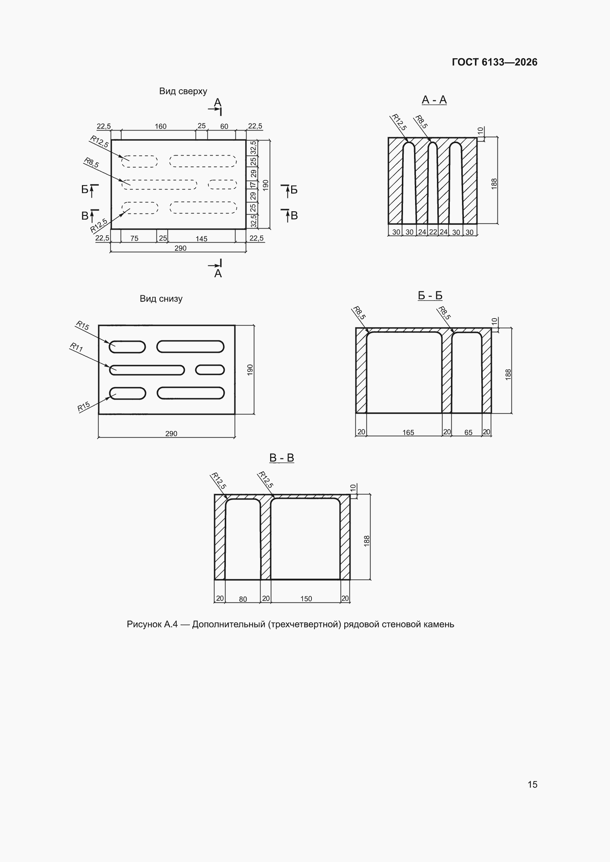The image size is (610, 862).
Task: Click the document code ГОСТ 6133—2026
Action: coord(494,62)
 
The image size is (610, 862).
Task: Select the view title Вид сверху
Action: coord(183,91)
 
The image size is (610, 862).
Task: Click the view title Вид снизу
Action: coord(161,299)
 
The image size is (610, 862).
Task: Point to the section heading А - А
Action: coord(434,100)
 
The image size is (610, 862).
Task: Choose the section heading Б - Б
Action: coord(430,295)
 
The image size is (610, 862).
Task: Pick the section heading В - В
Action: coord(282,458)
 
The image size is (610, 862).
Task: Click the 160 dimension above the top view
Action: coord(161,126)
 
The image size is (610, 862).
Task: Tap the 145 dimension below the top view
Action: coord(201,239)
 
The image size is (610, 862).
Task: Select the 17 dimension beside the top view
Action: coord(253,185)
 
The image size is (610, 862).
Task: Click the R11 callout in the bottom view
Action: coord(77,347)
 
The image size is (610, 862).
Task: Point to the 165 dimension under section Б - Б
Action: coord(408,432)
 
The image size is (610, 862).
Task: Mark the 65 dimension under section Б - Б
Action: coord(468,432)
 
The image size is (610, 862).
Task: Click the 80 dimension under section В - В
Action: coord(243,599)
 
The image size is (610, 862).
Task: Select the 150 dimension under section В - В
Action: coord(306,599)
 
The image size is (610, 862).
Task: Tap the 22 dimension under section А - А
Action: coord(433,232)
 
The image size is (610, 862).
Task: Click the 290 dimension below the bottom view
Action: coord(171,434)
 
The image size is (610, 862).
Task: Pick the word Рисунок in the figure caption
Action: coord(144,624)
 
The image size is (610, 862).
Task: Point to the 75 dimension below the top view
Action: coord(134,239)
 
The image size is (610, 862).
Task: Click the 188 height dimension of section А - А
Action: coord(494,184)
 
